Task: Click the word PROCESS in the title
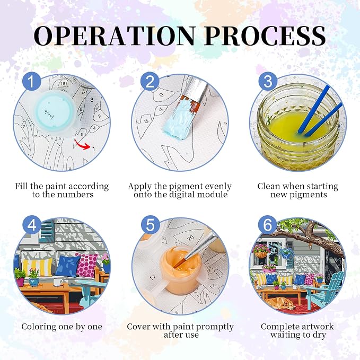266,36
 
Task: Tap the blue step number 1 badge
32,82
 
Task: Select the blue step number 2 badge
150,82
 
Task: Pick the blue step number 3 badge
268,82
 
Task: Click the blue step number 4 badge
32,225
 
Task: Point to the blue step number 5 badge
150,225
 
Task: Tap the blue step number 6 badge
268,225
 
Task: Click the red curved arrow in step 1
83,145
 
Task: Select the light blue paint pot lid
52,112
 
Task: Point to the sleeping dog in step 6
282,303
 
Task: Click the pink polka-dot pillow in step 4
87,265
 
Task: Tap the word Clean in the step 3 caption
268,186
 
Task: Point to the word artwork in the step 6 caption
316,327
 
